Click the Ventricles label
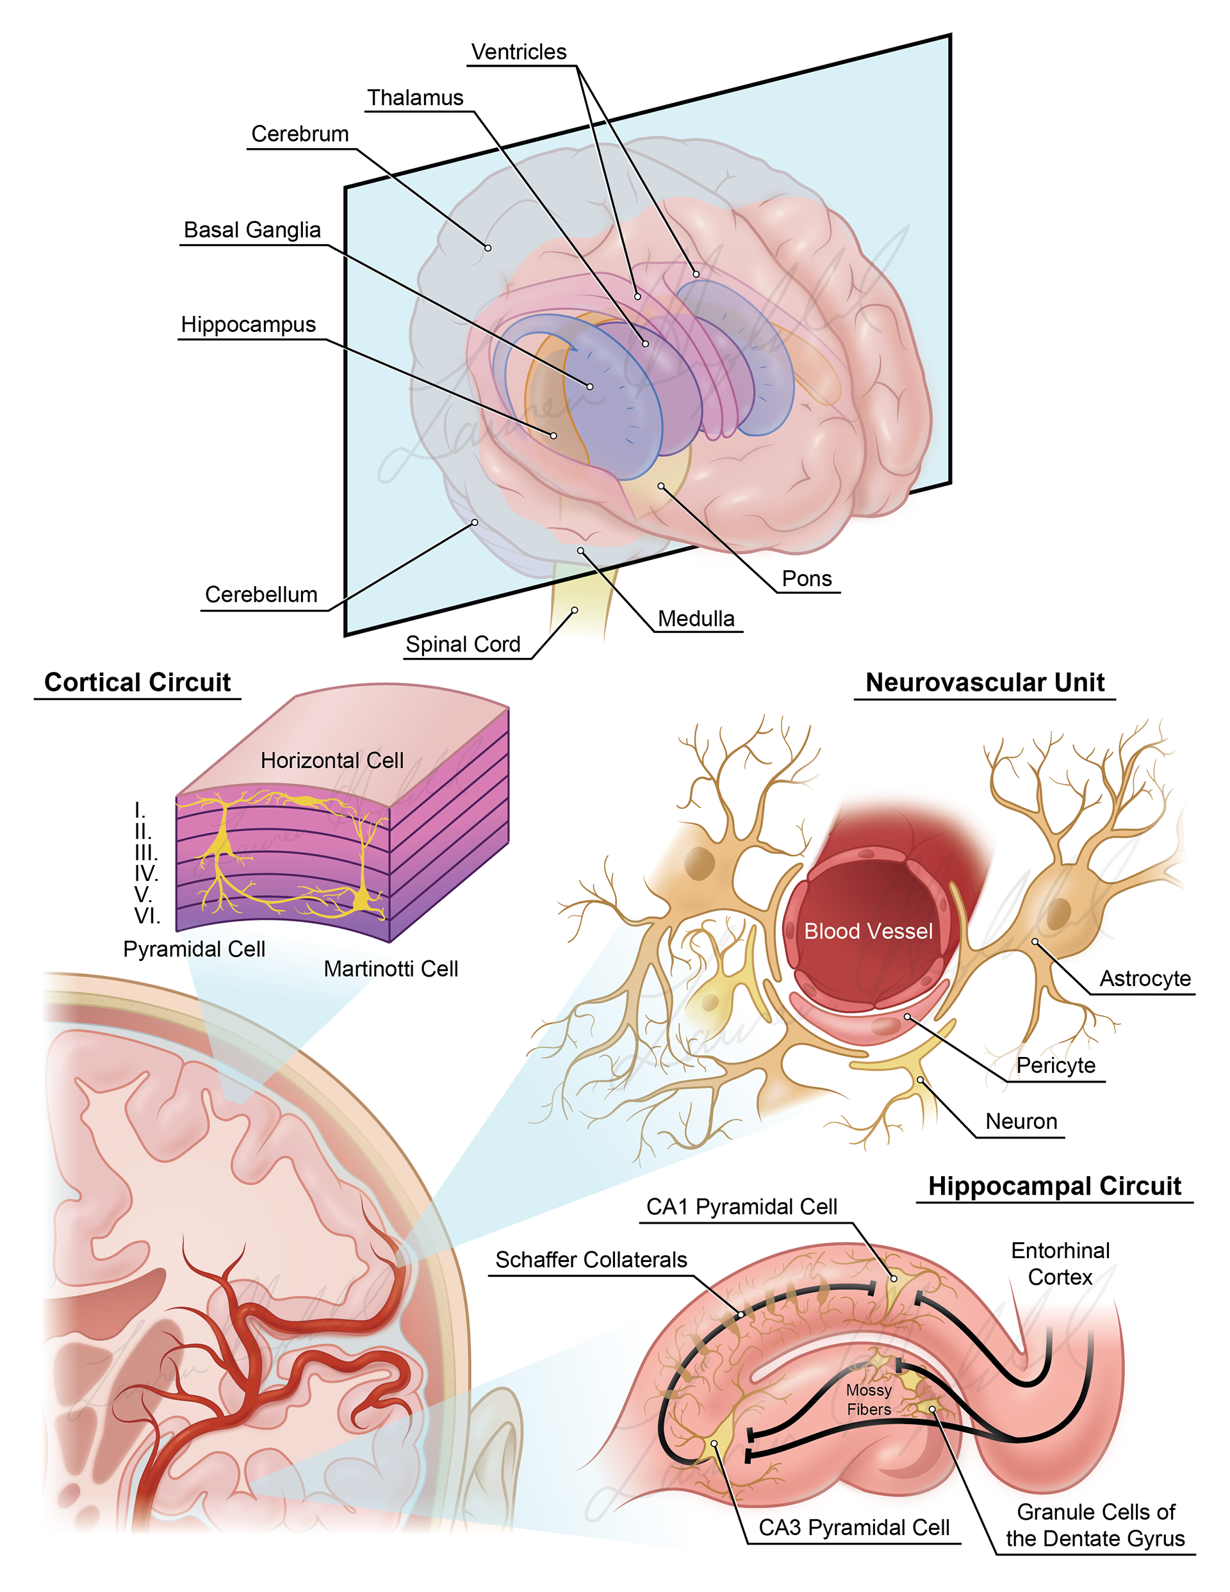(x=518, y=52)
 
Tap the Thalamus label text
(x=415, y=97)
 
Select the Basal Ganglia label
(x=252, y=229)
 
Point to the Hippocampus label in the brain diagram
(x=248, y=324)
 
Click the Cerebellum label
(x=261, y=594)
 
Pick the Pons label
(x=807, y=578)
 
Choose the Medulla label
(x=696, y=618)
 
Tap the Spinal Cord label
(x=463, y=644)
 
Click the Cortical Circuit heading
(x=137, y=682)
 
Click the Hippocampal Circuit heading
(x=1054, y=1185)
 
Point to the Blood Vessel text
(x=867, y=931)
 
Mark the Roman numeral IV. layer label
(x=146, y=873)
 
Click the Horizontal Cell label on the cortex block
(x=332, y=760)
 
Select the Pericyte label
(x=1055, y=1065)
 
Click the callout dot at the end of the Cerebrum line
(x=488, y=248)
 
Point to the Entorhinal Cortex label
(x=1060, y=1263)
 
